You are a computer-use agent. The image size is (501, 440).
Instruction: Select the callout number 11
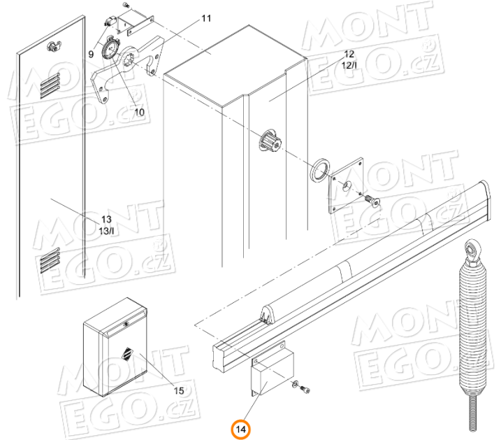pyautogui.click(x=206, y=18)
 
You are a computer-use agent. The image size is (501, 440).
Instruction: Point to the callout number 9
pyautogui.click(x=92, y=53)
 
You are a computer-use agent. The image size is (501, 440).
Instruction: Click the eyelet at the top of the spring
pyautogui.click(x=473, y=250)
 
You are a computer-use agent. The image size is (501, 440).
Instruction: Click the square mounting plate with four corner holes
pyautogui.click(x=346, y=185)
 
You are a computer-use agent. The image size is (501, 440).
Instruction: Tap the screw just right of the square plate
pyautogui.click(x=372, y=201)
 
